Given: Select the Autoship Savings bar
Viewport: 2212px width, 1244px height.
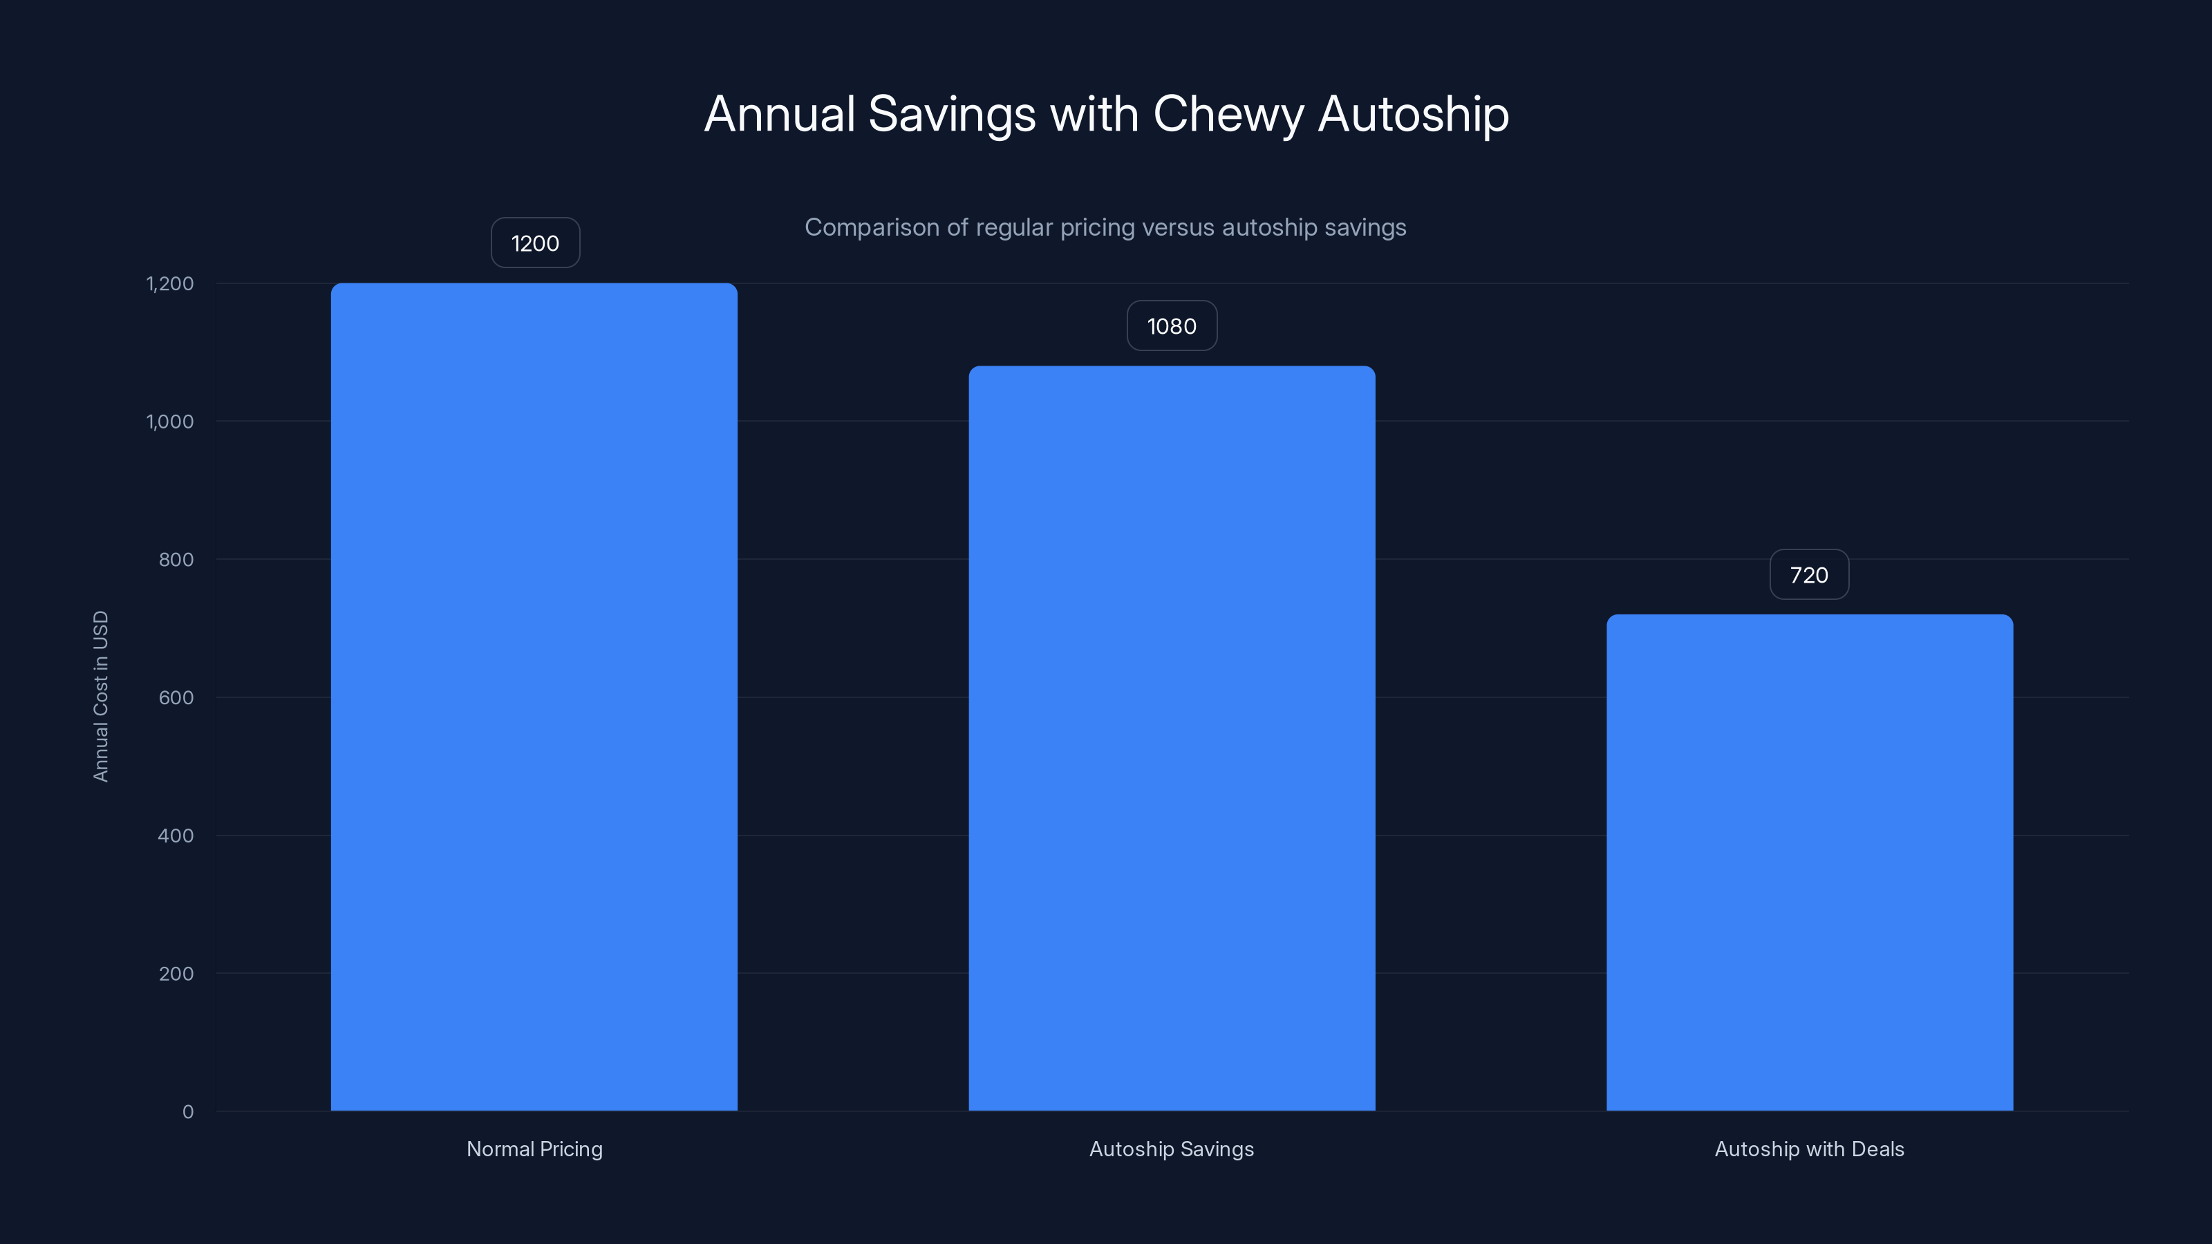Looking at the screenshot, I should click(x=1171, y=737).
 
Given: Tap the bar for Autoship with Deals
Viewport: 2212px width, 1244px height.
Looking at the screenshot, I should click(x=1809, y=862).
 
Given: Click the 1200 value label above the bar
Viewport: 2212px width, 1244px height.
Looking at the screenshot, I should click(x=535, y=243).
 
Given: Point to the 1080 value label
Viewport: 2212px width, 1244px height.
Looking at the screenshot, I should click(x=1171, y=326).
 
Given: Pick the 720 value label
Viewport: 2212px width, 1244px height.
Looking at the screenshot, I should click(x=1808, y=575).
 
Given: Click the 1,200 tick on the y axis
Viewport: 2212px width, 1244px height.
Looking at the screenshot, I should click(x=170, y=284).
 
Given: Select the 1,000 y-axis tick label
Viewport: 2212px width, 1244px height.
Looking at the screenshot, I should click(x=170, y=422).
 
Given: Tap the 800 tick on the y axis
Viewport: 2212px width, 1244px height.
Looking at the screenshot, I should click(x=176, y=560).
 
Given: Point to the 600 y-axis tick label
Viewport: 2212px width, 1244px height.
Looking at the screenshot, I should click(x=176, y=698).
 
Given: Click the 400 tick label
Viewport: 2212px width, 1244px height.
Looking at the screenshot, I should click(x=176, y=836).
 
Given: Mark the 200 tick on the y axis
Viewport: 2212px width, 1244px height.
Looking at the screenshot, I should click(x=176, y=974).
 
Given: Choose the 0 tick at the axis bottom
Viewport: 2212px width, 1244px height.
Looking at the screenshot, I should click(x=188, y=1112).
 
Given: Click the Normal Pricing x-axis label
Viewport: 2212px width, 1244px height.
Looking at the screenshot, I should click(x=534, y=1149).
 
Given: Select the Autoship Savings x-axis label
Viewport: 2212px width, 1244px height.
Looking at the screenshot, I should click(x=1171, y=1149).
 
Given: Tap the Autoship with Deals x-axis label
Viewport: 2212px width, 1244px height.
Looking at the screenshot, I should click(x=1809, y=1149).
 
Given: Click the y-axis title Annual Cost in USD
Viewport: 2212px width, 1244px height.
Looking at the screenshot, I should click(x=100, y=696).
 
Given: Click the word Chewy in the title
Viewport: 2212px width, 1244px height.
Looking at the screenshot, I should click(x=1228, y=114).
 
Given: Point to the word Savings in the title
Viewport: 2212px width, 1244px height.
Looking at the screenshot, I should click(x=951, y=114).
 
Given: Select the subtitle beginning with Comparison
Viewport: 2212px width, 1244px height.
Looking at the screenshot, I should click(x=1105, y=227).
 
